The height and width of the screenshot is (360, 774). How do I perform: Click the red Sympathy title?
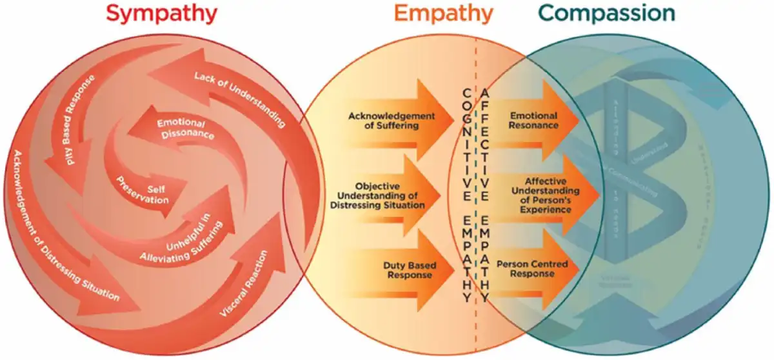pos(162,14)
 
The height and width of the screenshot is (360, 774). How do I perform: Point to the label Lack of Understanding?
pos(239,97)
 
